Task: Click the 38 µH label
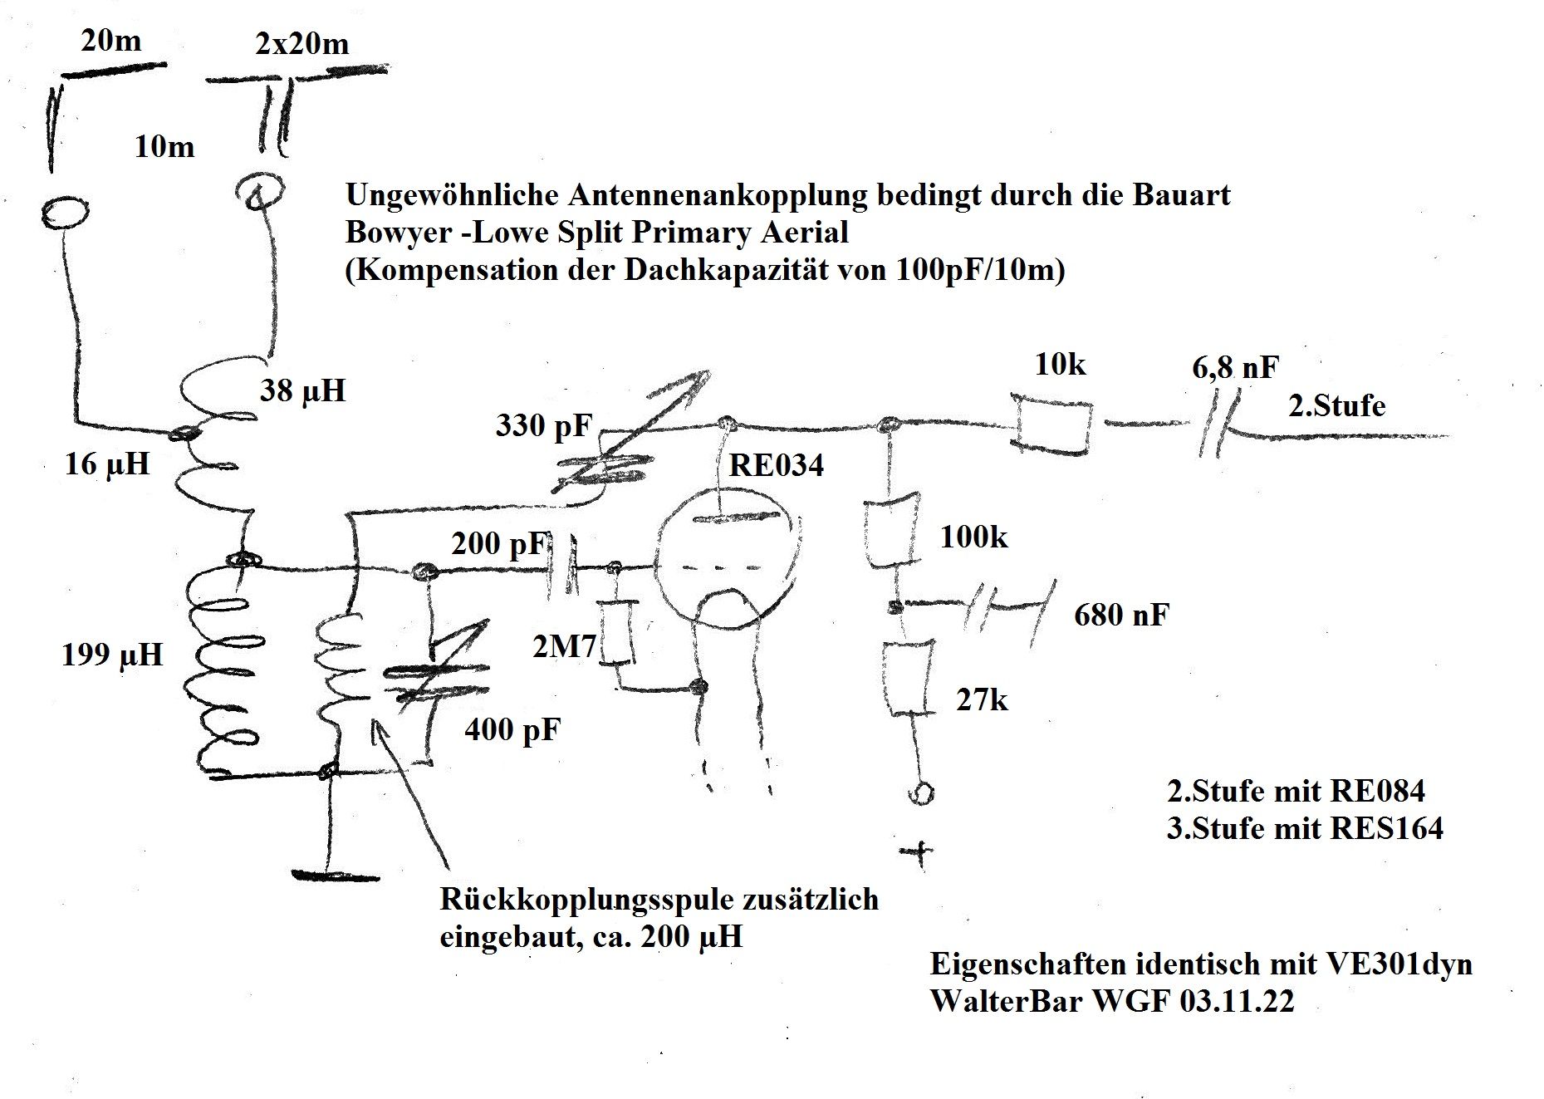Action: [302, 390]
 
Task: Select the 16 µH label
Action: [107, 464]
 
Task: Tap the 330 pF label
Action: [543, 425]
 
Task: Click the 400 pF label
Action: [512, 730]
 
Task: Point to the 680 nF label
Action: [1121, 616]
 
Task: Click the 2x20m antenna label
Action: [302, 43]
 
